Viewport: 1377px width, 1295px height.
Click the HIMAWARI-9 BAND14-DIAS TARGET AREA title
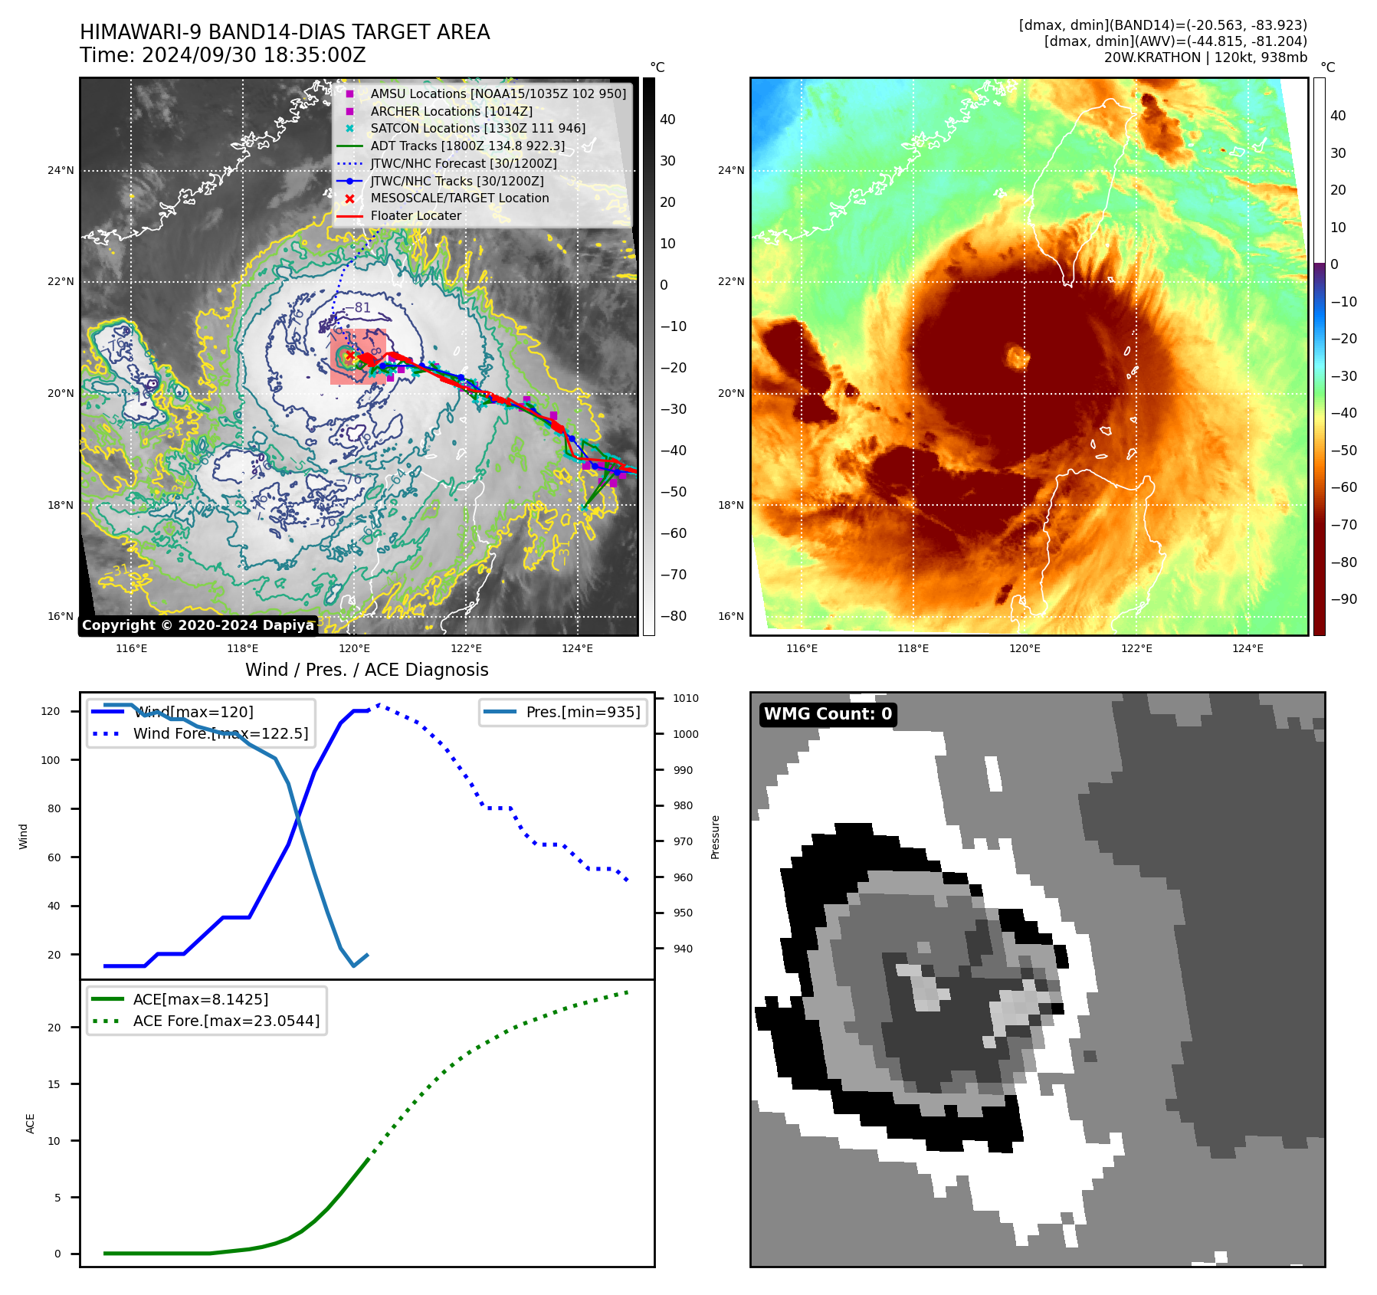[x=284, y=32]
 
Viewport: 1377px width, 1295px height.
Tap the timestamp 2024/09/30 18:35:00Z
[x=254, y=56]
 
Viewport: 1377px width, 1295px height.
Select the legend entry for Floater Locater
[x=415, y=216]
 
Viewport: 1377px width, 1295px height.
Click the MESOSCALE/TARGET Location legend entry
[x=459, y=198]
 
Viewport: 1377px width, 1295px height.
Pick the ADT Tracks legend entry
[x=467, y=146]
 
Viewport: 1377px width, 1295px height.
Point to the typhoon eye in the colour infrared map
[x=1018, y=356]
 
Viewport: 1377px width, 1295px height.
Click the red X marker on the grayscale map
[x=349, y=356]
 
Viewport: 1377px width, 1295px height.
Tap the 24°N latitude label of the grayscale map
[x=61, y=171]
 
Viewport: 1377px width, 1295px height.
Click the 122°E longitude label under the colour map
[x=1136, y=648]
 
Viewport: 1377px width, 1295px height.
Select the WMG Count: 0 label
[x=828, y=714]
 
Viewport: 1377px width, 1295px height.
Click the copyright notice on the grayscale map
[x=198, y=625]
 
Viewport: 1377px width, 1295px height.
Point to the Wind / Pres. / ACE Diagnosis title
[x=366, y=670]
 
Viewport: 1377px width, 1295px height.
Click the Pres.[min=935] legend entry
[x=582, y=712]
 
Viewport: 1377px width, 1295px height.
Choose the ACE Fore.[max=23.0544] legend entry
[x=226, y=1021]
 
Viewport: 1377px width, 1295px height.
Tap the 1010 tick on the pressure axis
[x=685, y=698]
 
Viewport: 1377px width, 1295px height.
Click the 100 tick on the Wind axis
[x=50, y=760]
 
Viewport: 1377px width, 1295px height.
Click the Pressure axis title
[x=715, y=837]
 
